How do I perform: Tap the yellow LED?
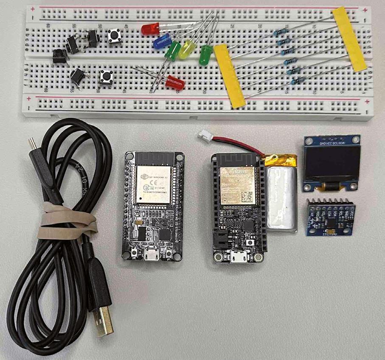click(x=186, y=49)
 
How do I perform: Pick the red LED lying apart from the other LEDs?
click(x=173, y=82)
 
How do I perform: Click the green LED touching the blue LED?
click(x=173, y=52)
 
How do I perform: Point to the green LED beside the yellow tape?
click(x=206, y=55)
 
